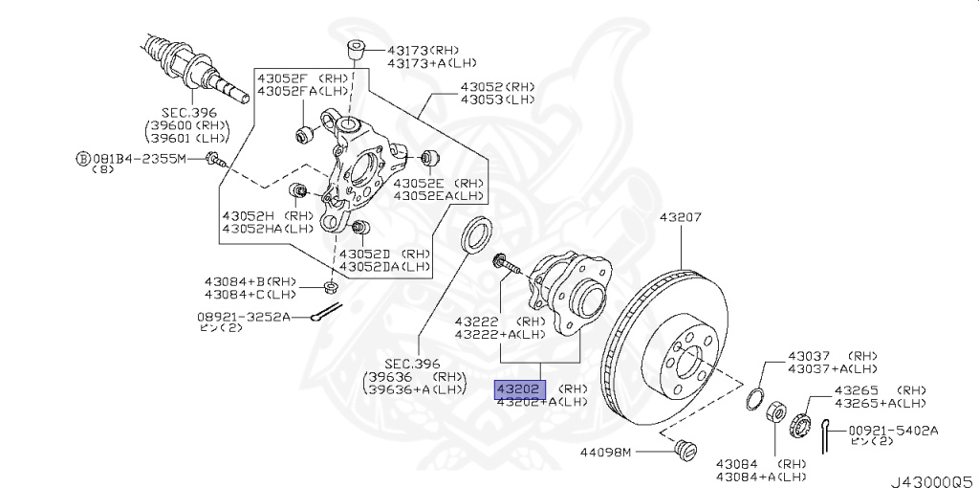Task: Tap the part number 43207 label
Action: (680, 217)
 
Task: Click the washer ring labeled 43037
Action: (754, 398)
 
